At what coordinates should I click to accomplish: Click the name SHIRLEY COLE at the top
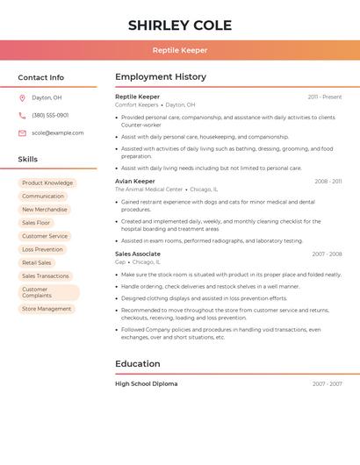[180, 25]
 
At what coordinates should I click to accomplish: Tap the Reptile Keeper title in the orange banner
[180, 50]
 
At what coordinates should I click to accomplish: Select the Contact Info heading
[41, 77]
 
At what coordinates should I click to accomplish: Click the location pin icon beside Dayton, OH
[22, 97]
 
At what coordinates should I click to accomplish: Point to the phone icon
[22, 115]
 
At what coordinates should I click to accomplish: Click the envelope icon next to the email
[22, 133]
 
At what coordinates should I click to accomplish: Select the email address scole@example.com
[58, 133]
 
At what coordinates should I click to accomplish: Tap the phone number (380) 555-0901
[50, 115]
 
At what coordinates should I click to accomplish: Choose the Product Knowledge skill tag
[47, 183]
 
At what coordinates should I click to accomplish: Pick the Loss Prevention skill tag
[42, 249]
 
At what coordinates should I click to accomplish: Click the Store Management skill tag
[47, 309]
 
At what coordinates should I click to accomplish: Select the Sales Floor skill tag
[36, 223]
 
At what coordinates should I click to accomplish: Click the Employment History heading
[161, 77]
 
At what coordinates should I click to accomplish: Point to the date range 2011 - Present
[325, 97]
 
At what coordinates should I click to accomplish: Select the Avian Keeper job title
[134, 181]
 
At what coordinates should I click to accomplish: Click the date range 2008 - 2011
[328, 182]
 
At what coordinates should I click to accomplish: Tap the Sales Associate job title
[138, 254]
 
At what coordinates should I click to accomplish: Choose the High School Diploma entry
[146, 383]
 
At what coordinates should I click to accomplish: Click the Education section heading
[138, 364]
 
